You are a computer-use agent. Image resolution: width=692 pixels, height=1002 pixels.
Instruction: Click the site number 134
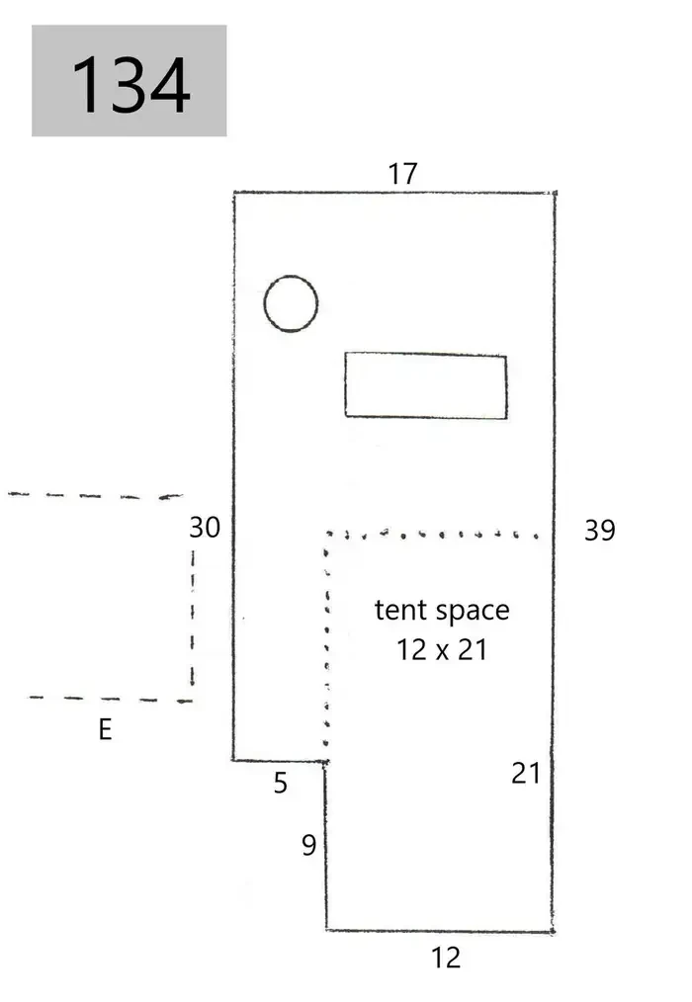point(131,84)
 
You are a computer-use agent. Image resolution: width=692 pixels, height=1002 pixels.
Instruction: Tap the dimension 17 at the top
point(403,174)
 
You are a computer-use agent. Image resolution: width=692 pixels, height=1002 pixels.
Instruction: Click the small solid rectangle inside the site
point(426,385)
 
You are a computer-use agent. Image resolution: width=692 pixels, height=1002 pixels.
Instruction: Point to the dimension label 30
point(205,528)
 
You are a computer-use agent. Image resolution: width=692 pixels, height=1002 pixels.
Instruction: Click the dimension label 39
point(600,531)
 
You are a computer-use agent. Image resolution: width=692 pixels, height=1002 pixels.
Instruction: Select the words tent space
point(442,611)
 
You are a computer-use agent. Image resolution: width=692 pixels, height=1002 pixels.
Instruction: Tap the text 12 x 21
point(442,650)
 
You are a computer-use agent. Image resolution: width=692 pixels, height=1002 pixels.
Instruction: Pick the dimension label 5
point(281,784)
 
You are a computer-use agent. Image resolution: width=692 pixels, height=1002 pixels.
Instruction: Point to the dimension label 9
point(308,846)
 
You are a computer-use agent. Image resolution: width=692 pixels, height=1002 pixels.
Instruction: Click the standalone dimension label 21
point(526,773)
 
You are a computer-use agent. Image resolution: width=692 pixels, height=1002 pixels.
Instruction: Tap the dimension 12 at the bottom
point(446,958)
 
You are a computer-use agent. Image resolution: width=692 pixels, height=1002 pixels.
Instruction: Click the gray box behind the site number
point(130,80)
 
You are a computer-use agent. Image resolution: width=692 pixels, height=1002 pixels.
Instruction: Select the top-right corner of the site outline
point(555,193)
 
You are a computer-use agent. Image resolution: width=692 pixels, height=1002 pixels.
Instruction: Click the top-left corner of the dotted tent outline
point(327,533)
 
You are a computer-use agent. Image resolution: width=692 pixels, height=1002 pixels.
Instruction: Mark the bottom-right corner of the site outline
point(553,932)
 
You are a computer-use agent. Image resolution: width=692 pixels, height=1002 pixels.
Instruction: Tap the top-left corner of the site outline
point(234,193)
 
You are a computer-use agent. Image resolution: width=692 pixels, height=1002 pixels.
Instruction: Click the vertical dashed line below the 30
point(193,618)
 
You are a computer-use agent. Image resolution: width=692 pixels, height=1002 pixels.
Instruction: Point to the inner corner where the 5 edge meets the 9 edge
point(325,761)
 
